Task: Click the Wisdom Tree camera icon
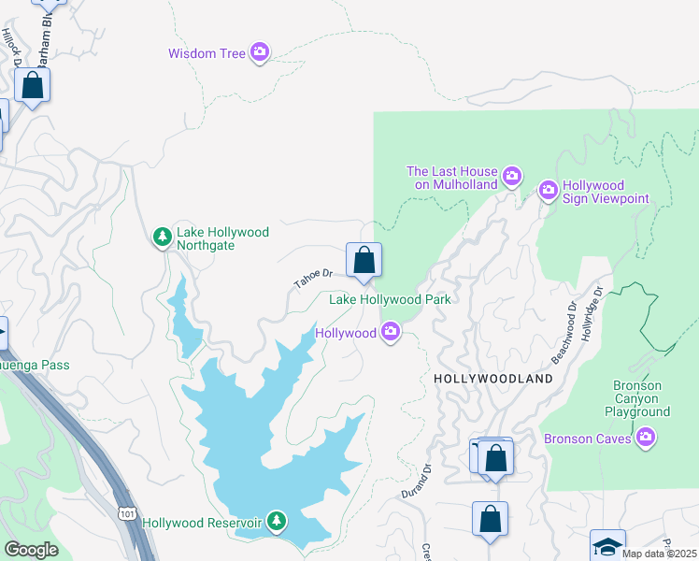point(260,53)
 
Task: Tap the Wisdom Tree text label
point(207,53)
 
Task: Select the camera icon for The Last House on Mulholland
point(511,175)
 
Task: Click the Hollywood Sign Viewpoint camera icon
point(548,191)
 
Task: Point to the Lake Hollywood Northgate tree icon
point(163,237)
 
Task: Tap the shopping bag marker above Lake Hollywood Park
point(364,261)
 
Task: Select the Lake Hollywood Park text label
point(390,299)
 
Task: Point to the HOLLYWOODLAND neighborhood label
point(493,379)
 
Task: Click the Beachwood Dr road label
point(564,332)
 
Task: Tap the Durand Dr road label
point(422,482)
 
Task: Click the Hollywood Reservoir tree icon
point(276,520)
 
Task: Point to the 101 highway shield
point(128,513)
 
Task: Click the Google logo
point(31,550)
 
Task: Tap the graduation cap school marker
point(607,545)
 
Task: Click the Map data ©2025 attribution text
point(659,554)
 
